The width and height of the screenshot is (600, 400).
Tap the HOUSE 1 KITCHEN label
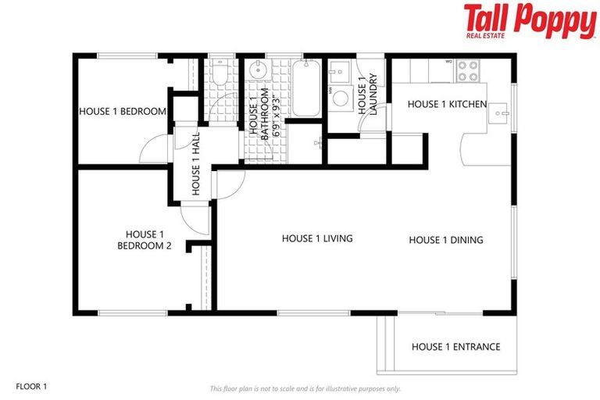coord(447,104)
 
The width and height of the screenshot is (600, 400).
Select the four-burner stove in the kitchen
coord(467,71)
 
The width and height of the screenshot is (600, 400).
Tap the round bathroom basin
coord(259,73)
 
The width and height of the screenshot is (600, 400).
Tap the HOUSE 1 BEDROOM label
coord(123,112)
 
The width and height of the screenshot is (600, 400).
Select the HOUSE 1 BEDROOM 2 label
coord(145,240)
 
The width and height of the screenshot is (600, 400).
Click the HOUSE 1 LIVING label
coord(317,238)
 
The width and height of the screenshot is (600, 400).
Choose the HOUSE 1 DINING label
coord(445,240)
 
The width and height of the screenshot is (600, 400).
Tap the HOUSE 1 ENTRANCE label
coord(455,347)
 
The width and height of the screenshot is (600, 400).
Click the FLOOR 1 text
coord(32,386)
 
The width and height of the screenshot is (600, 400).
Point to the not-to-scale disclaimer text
coord(305,388)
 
